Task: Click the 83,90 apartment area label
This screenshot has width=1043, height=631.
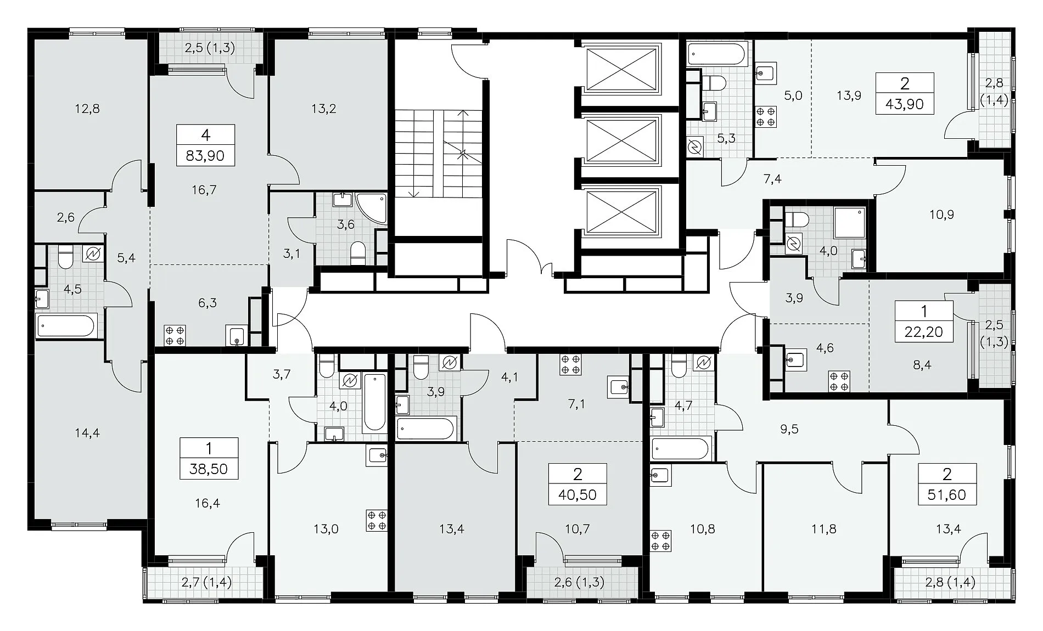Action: point(205,156)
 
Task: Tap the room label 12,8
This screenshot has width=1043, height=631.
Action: point(88,109)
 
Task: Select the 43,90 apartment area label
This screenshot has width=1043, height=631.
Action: point(905,104)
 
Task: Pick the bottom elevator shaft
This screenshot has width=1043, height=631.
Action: point(622,211)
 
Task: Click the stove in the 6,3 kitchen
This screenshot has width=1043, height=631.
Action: point(175,335)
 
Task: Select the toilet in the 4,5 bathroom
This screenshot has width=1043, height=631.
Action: point(65,258)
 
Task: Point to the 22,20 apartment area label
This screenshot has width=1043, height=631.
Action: point(924,331)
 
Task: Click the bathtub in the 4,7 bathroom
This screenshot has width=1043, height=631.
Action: point(681,449)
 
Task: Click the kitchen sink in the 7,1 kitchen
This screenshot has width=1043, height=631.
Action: point(620,387)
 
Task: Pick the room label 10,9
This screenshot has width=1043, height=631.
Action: point(941,215)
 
